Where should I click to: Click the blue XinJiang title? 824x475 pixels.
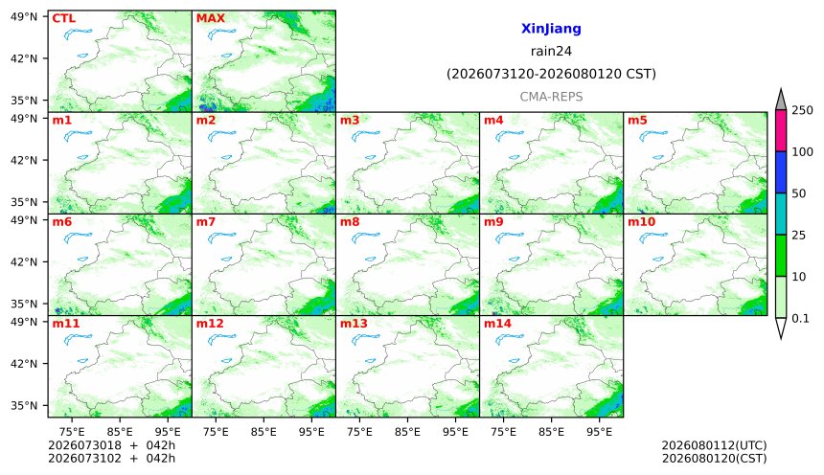tap(551, 29)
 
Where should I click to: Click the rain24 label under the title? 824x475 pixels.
tap(551, 52)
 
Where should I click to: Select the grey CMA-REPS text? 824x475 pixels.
tap(551, 97)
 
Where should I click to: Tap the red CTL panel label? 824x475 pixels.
tap(63, 18)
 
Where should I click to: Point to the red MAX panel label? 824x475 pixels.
tap(210, 18)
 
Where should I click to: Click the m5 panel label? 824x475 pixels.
tap(637, 121)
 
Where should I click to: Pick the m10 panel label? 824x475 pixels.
tap(641, 222)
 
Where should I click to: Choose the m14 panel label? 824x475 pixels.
tap(497, 323)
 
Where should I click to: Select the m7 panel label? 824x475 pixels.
tap(205, 222)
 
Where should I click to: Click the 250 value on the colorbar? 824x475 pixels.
tap(802, 110)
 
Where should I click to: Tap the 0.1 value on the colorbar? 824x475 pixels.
tap(800, 318)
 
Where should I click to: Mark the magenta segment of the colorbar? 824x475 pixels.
tap(780, 131)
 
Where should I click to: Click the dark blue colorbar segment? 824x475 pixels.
tap(780, 172)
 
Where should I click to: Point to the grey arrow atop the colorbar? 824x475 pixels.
tap(780, 101)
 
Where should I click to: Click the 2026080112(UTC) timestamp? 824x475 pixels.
tap(714, 445)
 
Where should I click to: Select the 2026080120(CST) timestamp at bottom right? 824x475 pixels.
tap(714, 459)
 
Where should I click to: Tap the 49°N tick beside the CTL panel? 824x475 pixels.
tap(24, 17)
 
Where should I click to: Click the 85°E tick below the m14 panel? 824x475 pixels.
tap(551, 432)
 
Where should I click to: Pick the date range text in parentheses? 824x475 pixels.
tap(551, 74)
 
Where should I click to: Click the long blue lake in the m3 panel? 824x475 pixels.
tap(366, 137)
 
